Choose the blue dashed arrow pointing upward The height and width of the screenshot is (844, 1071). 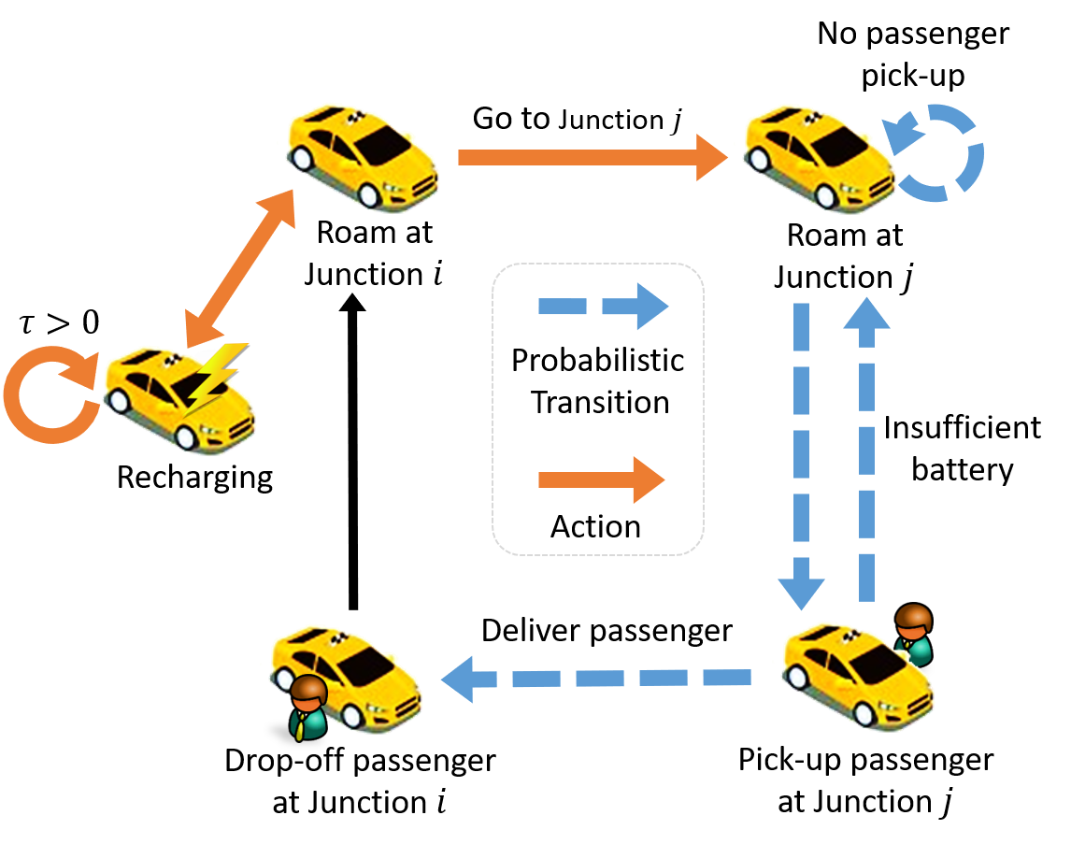866,449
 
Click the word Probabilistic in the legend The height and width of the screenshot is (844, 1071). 597,361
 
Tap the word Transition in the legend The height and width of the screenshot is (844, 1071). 600,403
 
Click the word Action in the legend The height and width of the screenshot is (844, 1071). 595,526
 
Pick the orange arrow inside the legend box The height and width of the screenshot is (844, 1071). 601,480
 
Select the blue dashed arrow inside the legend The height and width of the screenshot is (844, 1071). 603,306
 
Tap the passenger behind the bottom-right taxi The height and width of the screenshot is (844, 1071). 913,633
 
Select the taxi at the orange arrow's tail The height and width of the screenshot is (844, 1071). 361,155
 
